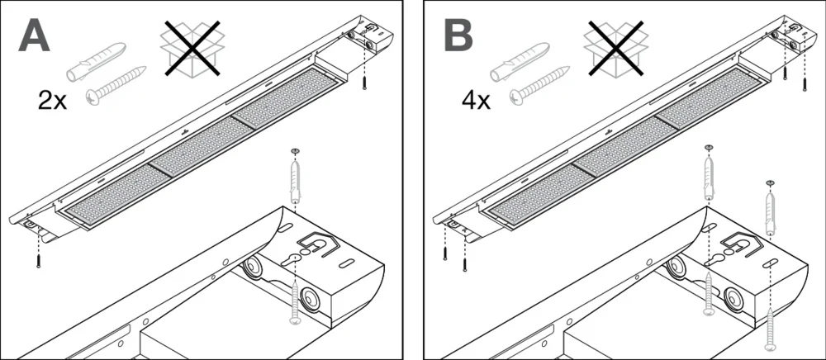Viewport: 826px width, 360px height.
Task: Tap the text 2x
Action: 54,102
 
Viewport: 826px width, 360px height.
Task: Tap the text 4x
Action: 477,102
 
